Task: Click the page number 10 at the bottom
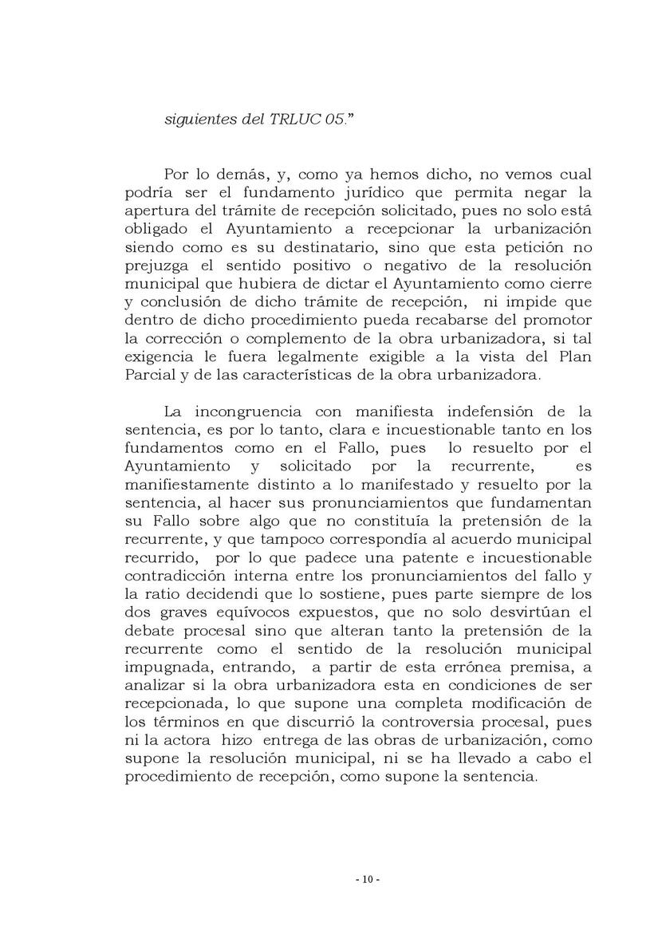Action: click(x=367, y=880)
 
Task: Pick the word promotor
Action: click(x=552, y=320)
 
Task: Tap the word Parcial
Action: click(x=150, y=375)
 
